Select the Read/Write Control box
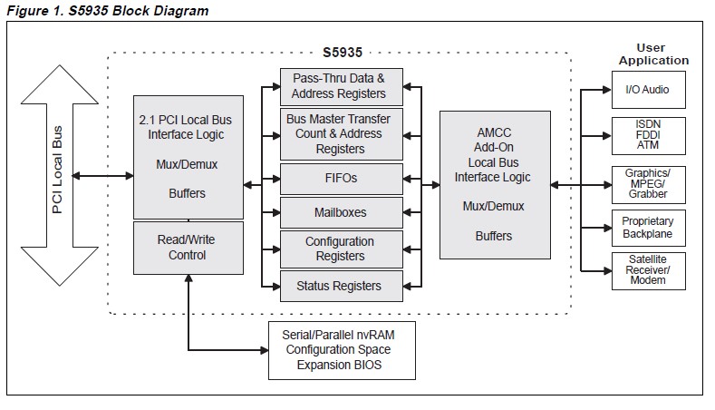(188, 248)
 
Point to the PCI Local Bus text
(58, 170)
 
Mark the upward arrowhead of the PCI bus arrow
(58, 82)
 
